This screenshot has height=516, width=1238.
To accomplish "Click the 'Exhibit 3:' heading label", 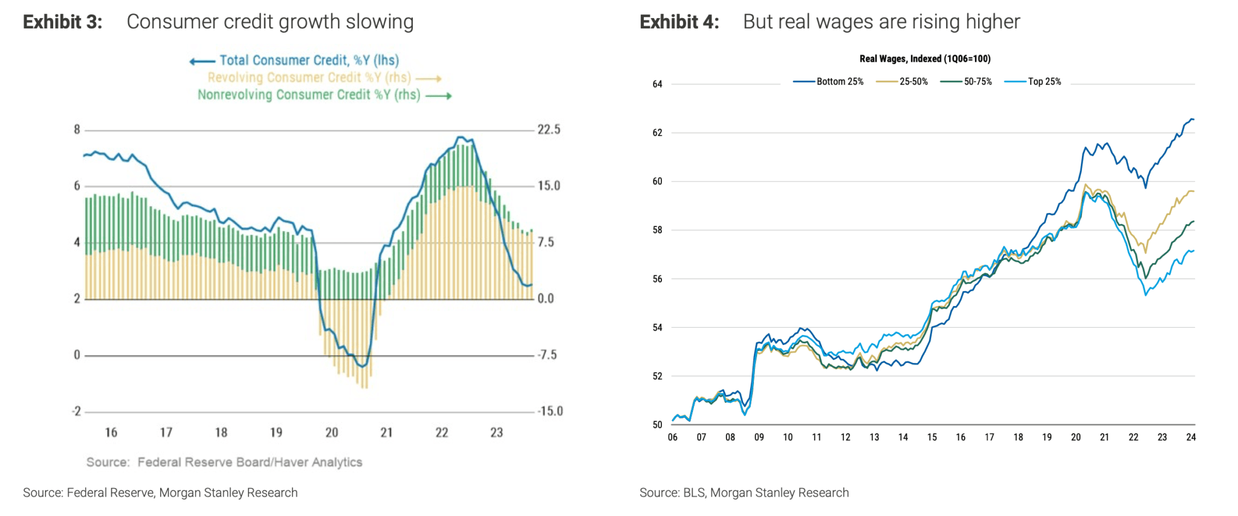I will coord(63,22).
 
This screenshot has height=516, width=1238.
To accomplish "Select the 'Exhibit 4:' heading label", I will coord(679,22).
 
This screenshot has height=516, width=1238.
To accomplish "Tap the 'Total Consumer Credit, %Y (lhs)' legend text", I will coord(309,60).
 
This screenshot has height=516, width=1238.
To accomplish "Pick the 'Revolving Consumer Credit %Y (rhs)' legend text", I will coord(309,78).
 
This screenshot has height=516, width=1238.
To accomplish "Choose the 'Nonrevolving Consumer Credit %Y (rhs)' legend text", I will coord(309,95).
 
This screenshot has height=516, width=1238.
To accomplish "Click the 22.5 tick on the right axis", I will coord(549,129).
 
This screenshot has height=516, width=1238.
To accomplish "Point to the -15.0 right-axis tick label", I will coord(549,411).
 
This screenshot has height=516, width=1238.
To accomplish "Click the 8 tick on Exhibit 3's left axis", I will coord(77,129).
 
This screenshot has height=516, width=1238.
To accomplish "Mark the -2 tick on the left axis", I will coord(76,411).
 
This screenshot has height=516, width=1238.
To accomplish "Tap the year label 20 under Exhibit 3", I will coord(331,433).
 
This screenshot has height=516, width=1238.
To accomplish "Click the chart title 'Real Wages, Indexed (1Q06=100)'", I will coord(925,59).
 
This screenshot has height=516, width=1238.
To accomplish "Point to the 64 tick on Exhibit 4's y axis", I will coord(657,84).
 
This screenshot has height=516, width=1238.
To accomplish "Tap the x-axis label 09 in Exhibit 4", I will coord(759,437).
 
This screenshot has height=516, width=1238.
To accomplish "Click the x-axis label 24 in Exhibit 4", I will coord(1191,437).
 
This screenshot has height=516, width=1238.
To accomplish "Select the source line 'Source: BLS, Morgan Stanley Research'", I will coord(744,493).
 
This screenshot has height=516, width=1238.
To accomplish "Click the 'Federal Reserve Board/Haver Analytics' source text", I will coord(250,462).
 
